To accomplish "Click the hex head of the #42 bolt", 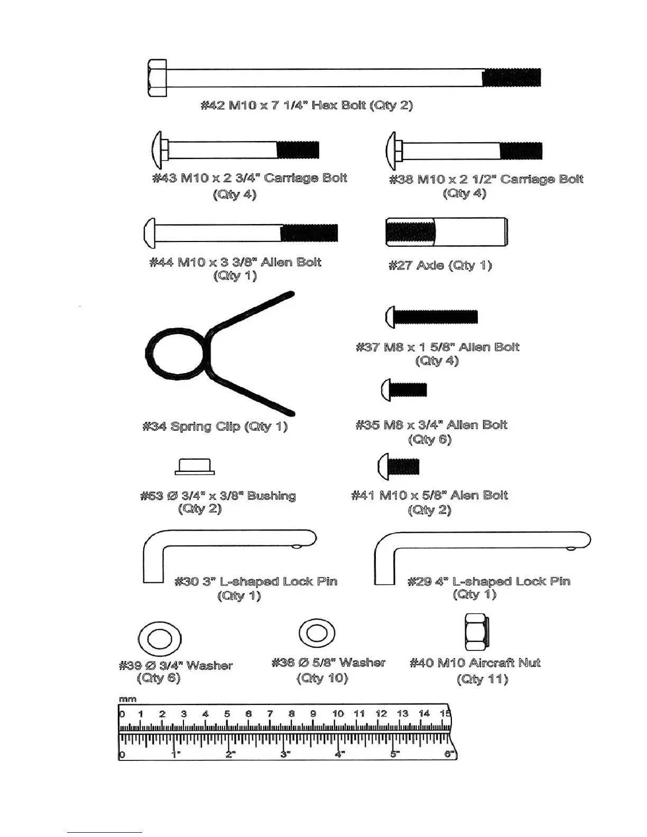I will click(157, 78).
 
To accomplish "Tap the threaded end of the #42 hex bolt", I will click(511, 78).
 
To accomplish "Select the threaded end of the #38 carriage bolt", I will click(521, 151).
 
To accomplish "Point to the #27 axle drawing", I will click(447, 232).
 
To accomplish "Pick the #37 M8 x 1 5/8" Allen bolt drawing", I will click(432, 317).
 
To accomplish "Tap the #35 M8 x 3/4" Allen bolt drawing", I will click(404, 390).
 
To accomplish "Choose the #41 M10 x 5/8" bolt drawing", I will click(399, 467).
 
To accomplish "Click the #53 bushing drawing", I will click(195, 467).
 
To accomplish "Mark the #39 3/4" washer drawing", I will click(159, 639).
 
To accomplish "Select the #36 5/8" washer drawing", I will click(316, 633).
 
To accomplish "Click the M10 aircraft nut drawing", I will click(475, 632).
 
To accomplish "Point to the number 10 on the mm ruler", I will click(338, 714).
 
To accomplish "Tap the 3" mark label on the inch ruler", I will click(285, 754).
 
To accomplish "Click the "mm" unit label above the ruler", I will click(127, 699).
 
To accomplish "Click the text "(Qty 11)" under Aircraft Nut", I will click(482, 679).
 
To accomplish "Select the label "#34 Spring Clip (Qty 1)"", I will click(215, 426).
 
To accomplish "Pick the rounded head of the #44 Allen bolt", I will click(149, 233).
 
